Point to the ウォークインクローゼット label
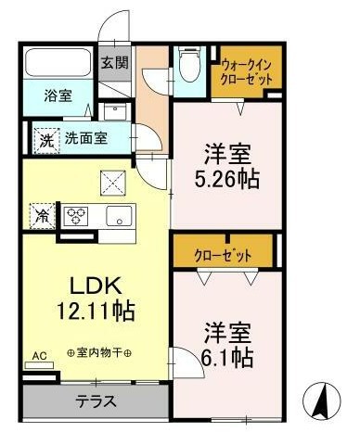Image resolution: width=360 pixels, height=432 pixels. click(247, 71)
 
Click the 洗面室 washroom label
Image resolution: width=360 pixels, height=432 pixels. click(84, 138)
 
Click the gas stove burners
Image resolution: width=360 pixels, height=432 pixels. click(75, 217)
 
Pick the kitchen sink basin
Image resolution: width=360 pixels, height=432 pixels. click(119, 217)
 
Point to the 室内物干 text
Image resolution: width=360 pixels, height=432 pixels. click(100, 353)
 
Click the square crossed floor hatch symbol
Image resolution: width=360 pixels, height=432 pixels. click(113, 183)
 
